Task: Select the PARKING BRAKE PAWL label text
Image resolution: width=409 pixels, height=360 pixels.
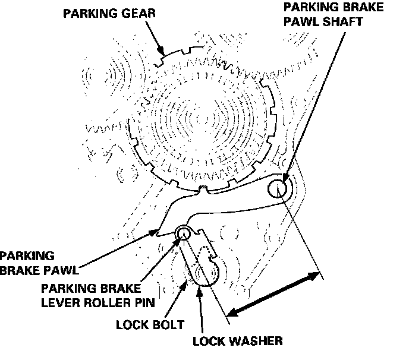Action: coord(39,263)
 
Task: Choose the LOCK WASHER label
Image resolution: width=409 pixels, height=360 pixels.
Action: coord(238,341)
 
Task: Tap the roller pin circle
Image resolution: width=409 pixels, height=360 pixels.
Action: coord(183,233)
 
